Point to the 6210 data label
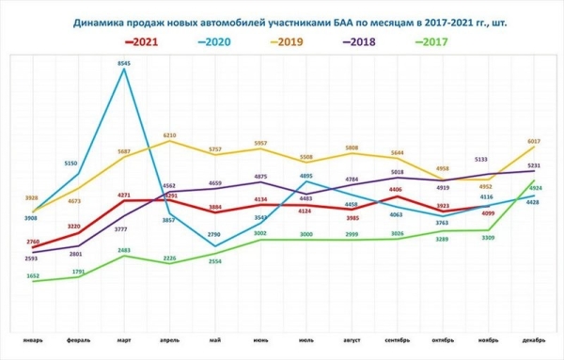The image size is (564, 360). point(169,135)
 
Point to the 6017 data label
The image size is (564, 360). point(533,142)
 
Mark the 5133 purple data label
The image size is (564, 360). point(486,160)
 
